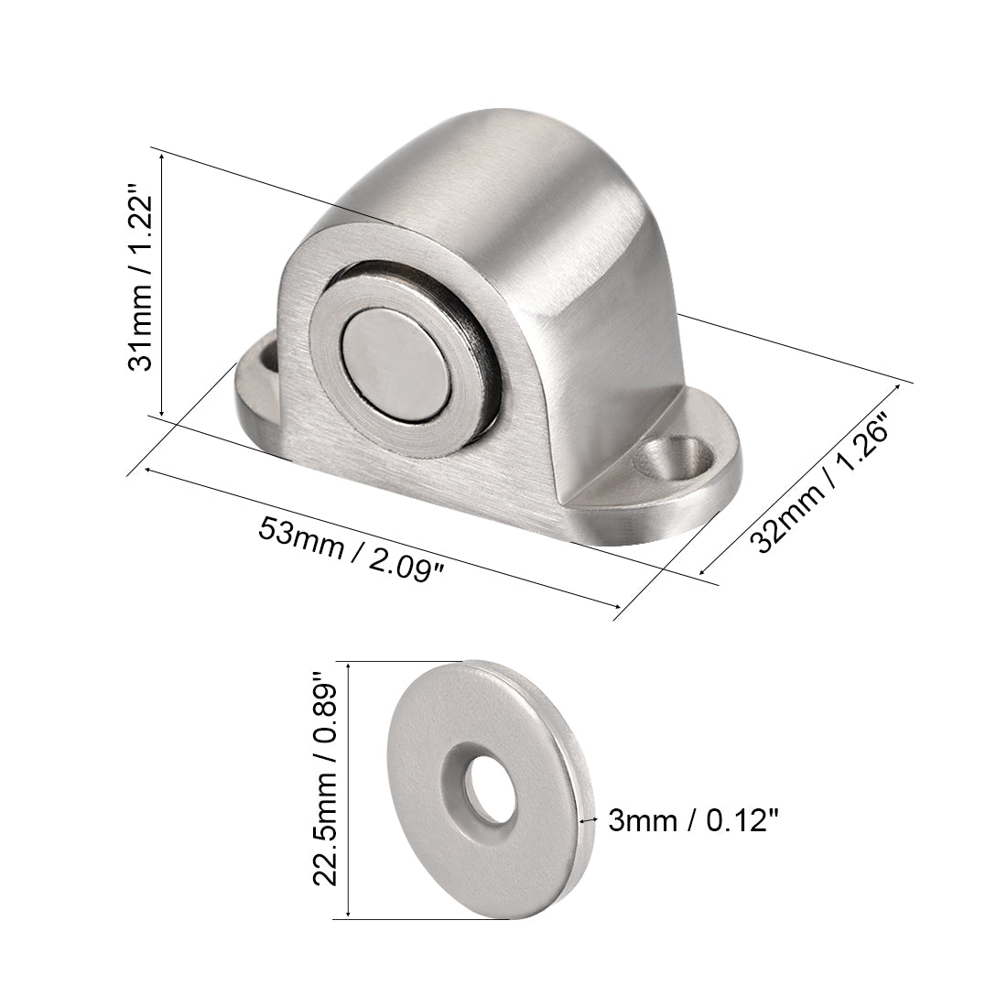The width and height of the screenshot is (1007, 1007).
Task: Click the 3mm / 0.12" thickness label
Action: [694, 820]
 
